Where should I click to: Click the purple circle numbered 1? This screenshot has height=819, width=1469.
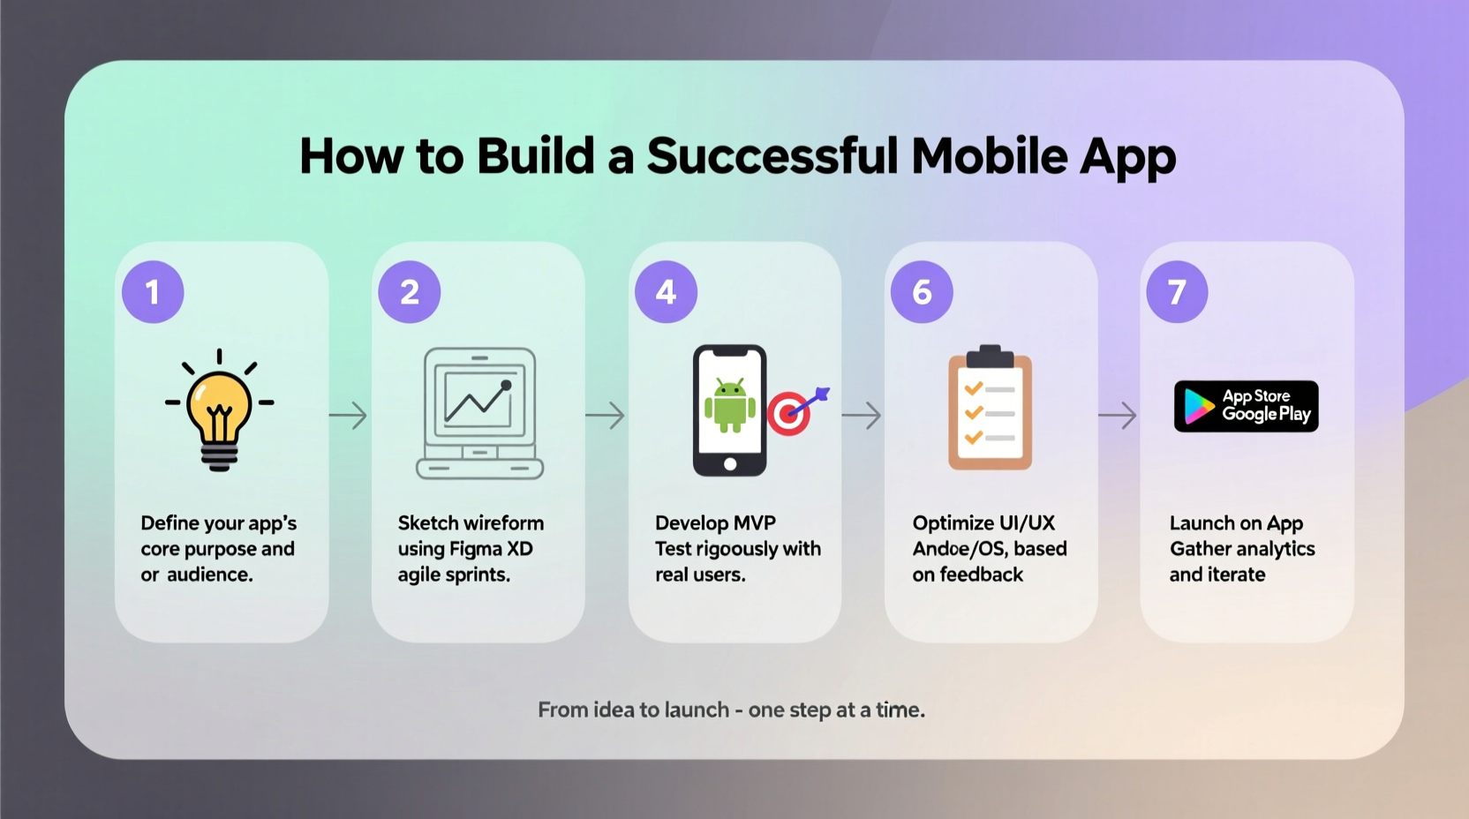(x=153, y=292)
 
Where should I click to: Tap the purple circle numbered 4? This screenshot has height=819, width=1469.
(x=666, y=292)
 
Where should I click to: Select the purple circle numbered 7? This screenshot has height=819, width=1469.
(x=1177, y=292)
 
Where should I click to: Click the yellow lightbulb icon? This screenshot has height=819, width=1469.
(x=219, y=411)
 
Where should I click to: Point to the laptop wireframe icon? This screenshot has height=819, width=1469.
(x=479, y=413)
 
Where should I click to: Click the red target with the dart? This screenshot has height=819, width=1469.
(x=790, y=412)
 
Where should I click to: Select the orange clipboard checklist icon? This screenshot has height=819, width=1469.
(x=990, y=409)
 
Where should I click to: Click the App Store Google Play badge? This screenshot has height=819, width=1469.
(x=1246, y=406)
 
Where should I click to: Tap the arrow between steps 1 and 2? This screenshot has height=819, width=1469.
(x=348, y=415)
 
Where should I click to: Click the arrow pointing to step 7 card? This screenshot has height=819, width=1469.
(x=1118, y=415)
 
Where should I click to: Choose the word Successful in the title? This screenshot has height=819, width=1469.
(x=772, y=156)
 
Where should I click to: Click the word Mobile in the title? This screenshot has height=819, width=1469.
(x=989, y=156)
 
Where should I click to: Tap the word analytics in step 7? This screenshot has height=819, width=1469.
(x=1275, y=549)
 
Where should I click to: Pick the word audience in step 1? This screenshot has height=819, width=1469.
(x=209, y=575)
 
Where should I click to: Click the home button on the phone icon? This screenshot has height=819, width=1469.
(x=729, y=464)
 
